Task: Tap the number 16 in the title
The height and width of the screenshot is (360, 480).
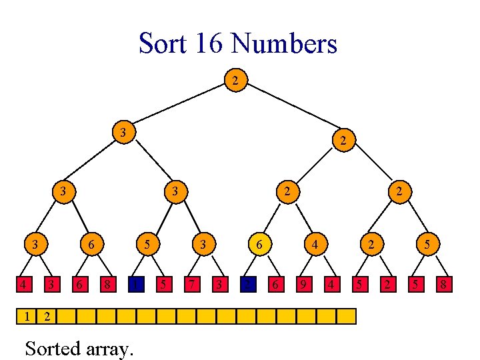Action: [212, 44]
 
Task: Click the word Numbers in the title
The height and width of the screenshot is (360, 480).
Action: [284, 44]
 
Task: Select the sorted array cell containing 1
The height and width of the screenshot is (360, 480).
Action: [26, 315]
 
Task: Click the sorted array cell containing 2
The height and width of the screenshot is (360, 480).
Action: [46, 315]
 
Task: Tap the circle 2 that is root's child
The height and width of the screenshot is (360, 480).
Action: [342, 140]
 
